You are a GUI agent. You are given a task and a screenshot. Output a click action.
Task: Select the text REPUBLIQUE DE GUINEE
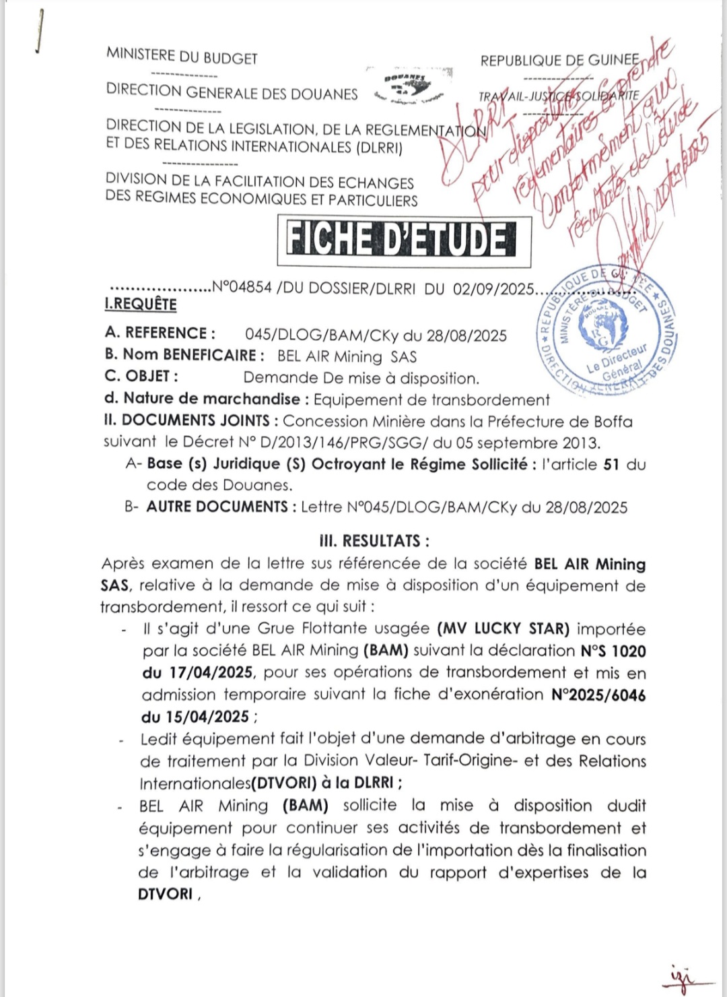[x=559, y=60]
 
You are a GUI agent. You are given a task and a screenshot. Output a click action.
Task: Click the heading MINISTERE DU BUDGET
[x=182, y=57]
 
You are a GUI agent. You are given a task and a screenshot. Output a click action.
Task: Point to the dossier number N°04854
[x=242, y=288]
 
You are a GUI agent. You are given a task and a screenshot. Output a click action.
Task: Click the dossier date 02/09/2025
[x=493, y=289]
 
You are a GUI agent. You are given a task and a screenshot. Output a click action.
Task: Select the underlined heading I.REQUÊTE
[x=141, y=304]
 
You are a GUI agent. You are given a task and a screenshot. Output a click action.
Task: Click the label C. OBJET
[x=141, y=376]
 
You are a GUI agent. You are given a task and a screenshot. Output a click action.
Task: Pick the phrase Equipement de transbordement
[x=431, y=400]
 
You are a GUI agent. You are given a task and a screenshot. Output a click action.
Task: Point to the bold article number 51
[x=611, y=464]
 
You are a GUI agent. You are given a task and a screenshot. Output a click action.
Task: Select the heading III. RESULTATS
[x=374, y=541]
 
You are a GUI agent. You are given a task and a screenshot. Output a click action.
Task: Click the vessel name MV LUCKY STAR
[x=504, y=629]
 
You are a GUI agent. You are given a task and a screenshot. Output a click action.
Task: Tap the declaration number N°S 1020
[x=613, y=651]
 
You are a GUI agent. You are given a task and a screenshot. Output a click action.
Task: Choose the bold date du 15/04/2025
[x=195, y=717]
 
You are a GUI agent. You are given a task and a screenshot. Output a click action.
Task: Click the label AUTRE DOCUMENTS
[x=217, y=507]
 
